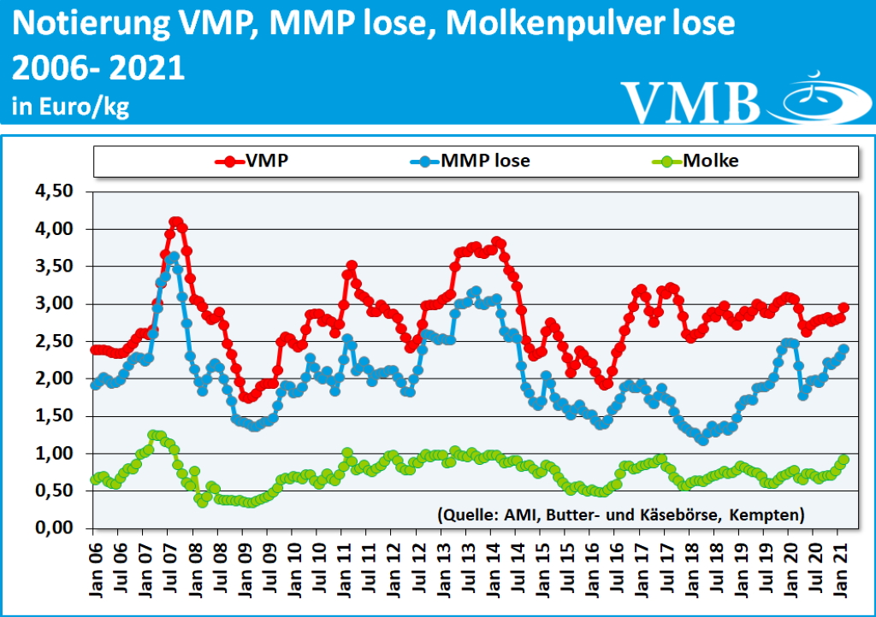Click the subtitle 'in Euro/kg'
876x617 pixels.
click(x=70, y=108)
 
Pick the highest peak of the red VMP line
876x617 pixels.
click(x=175, y=222)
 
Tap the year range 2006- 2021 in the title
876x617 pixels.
click(x=99, y=68)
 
